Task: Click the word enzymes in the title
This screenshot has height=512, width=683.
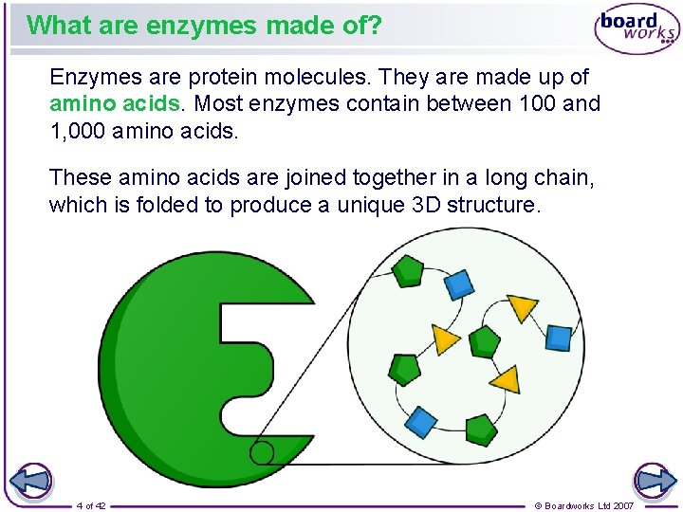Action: point(197,25)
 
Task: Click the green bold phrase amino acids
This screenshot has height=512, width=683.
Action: point(115,103)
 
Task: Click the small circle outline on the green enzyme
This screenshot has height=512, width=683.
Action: point(262,452)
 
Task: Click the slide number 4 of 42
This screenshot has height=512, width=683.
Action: point(91,505)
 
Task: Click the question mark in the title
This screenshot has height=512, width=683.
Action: point(375,25)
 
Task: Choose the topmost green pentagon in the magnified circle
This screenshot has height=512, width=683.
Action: point(409,273)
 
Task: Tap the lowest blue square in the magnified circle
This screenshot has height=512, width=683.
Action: point(420,421)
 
